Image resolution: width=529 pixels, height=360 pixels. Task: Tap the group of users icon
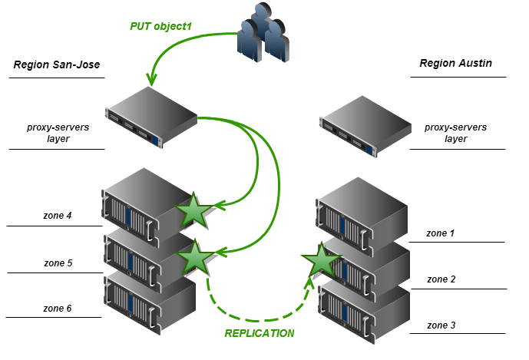(x=263, y=34)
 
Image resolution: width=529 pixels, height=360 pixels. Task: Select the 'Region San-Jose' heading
(x=57, y=65)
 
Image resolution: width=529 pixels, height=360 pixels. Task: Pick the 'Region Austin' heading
(x=455, y=63)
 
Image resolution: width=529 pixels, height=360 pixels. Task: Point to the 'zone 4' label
(x=58, y=216)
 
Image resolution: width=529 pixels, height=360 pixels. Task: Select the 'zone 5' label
(x=58, y=263)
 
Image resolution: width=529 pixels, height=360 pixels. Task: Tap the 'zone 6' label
(x=58, y=308)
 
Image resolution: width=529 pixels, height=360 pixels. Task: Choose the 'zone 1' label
(x=441, y=232)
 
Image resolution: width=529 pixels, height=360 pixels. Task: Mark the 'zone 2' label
(x=441, y=279)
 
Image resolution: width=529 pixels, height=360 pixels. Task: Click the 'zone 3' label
(x=441, y=325)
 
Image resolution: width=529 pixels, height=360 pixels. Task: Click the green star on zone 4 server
(x=193, y=211)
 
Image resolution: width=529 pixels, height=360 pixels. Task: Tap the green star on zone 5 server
(x=195, y=258)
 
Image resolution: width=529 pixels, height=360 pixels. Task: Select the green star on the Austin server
(x=322, y=261)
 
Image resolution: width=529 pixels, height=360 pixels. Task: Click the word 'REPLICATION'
(x=259, y=334)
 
